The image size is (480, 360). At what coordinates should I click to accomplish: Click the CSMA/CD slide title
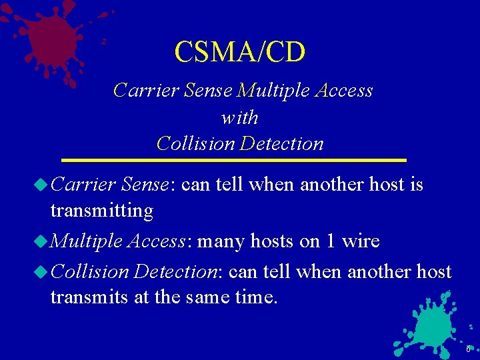239,51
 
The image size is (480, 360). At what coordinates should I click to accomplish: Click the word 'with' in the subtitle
239,118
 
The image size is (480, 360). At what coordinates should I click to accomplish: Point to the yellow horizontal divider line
233,161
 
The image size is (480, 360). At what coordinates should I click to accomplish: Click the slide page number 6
468,350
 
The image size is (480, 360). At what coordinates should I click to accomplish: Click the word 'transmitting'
101,211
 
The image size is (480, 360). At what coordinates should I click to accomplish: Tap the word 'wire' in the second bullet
361,241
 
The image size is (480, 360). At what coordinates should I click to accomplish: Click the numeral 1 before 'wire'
331,241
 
